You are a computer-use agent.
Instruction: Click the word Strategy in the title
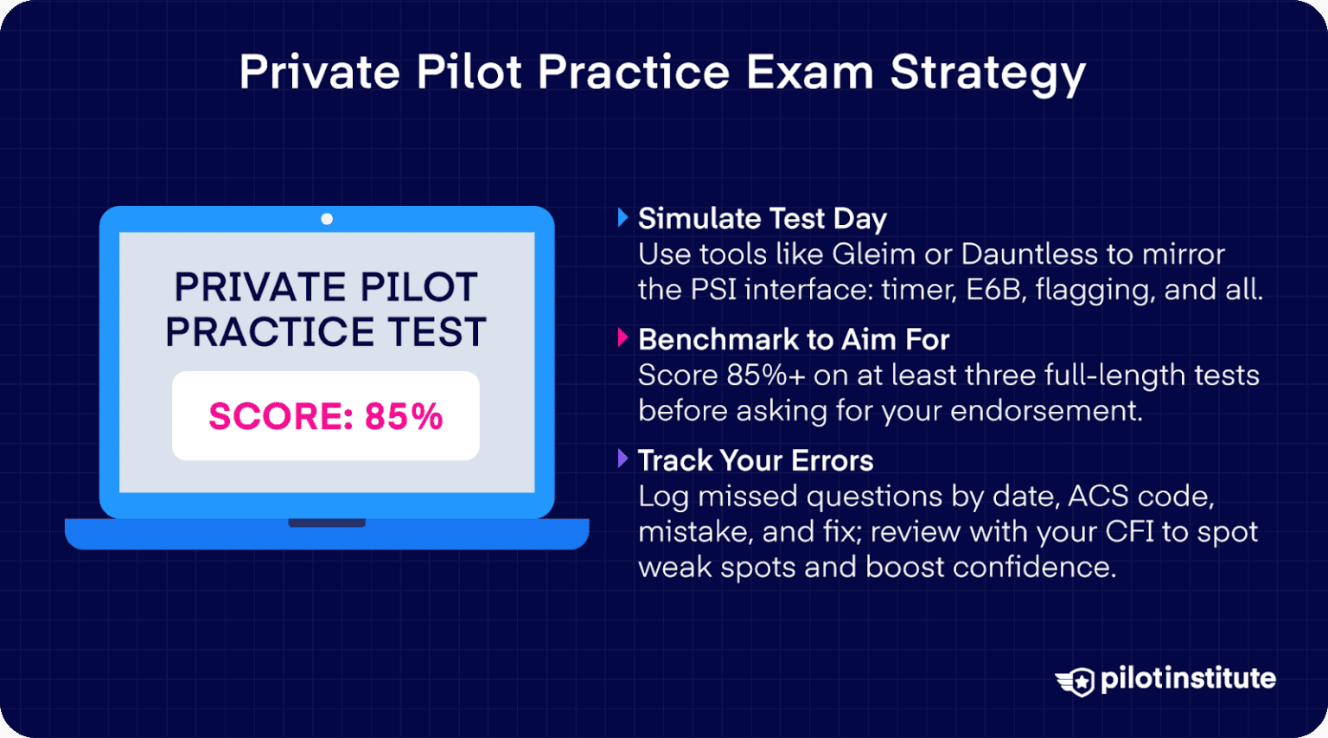click(x=987, y=73)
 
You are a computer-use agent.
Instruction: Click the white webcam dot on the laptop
click(x=327, y=219)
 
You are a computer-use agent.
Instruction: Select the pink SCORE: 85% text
click(x=325, y=416)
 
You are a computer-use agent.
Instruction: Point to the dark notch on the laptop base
click(x=326, y=523)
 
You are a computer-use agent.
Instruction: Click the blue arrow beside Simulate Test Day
click(x=622, y=218)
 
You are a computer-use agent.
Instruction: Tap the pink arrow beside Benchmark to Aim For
click(x=622, y=338)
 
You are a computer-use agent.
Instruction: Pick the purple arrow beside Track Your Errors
click(x=622, y=459)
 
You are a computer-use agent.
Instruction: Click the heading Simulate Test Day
click(x=762, y=219)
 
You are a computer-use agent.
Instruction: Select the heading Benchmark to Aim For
click(x=793, y=340)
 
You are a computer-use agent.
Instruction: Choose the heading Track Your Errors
click(x=755, y=460)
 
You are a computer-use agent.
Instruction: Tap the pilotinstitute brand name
click(x=1187, y=678)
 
